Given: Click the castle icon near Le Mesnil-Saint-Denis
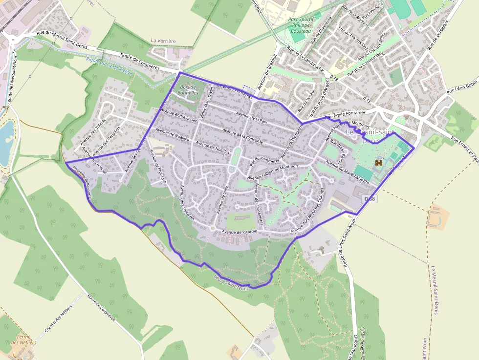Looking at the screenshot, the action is click(378, 162).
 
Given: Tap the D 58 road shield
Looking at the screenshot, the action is click(370, 199).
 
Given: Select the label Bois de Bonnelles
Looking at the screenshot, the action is click(188, 89).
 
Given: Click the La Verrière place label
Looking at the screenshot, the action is click(163, 41).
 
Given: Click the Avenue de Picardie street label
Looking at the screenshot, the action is click(239, 232).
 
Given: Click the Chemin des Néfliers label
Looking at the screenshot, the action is click(58, 318).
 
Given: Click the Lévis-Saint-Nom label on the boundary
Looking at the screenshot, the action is click(231, 282).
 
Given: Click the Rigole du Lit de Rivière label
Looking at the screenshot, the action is click(109, 64).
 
